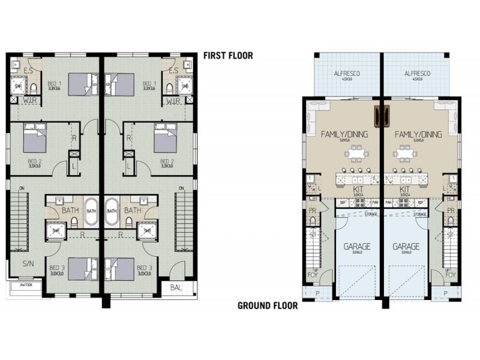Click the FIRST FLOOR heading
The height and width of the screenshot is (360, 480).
(228, 56)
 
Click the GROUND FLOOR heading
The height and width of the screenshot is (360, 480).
(268, 305)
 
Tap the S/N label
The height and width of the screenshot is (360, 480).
(28, 263)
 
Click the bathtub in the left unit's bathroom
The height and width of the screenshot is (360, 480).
(91, 211)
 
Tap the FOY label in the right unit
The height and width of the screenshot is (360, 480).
(451, 275)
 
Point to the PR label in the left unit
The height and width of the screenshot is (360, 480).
(313, 211)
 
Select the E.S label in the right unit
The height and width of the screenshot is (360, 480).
(173, 70)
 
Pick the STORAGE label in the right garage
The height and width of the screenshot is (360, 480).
(419, 214)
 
